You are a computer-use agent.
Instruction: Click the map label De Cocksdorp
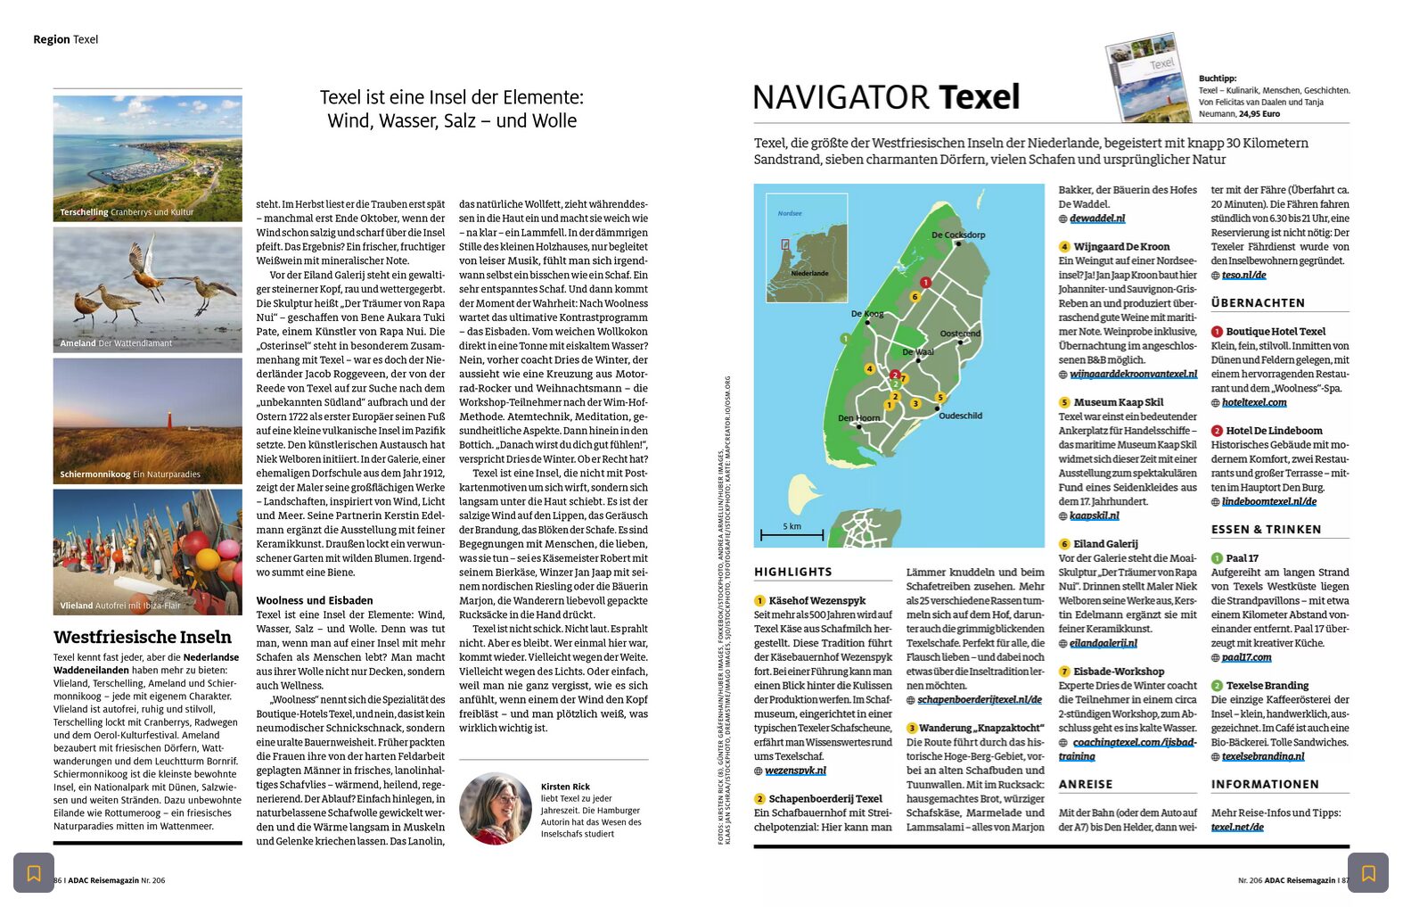(x=957, y=235)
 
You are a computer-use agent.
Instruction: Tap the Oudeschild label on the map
(x=960, y=416)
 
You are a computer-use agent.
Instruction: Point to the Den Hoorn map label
(x=857, y=417)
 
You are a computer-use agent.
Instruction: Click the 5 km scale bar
(x=792, y=535)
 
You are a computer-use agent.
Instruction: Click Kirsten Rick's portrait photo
(x=496, y=808)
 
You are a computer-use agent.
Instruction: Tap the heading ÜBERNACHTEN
(x=1258, y=303)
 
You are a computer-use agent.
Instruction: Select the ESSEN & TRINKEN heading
(x=1266, y=530)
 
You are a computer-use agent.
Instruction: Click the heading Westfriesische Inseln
(x=143, y=637)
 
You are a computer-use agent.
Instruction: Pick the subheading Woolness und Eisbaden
(x=315, y=600)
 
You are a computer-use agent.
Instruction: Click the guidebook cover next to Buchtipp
(x=1148, y=78)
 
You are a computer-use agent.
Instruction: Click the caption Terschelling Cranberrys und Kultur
(x=127, y=212)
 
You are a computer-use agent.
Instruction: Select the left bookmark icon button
(x=34, y=873)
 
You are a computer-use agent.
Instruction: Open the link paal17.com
(x=1246, y=658)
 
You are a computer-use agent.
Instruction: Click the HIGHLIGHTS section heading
(x=792, y=573)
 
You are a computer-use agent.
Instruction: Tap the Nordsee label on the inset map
(x=790, y=214)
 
